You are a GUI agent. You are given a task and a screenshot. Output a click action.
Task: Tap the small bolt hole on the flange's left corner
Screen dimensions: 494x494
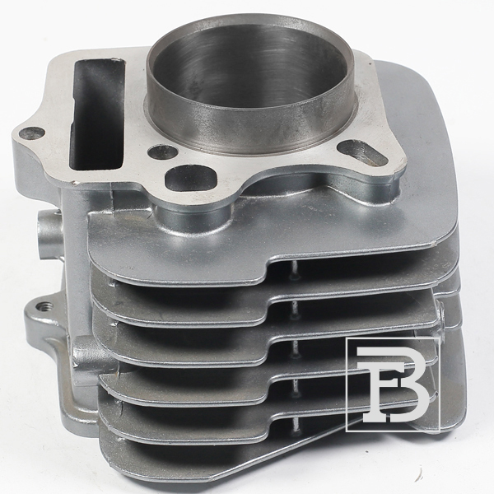(31, 133)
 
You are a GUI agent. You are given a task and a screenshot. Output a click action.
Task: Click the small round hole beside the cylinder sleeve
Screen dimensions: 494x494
(162, 151)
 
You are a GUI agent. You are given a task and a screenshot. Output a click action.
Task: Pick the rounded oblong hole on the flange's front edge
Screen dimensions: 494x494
(191, 179)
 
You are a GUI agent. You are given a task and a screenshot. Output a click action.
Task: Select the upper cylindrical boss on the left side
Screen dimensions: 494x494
(49, 234)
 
